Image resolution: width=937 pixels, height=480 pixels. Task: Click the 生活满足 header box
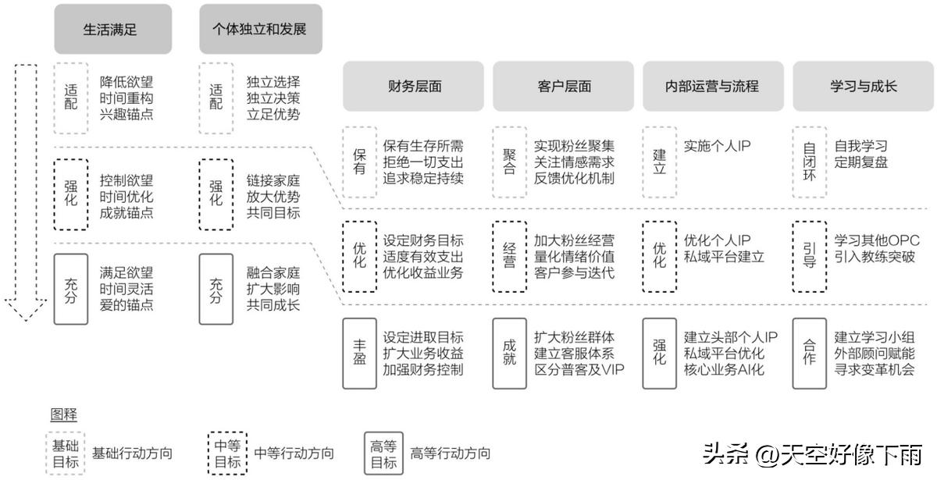tap(112, 30)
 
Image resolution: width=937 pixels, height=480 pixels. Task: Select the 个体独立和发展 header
tap(260, 30)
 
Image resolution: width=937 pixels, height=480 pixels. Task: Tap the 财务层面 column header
tap(415, 87)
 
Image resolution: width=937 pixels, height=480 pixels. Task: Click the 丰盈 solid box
tap(359, 353)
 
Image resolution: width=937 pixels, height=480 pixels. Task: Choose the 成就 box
tap(509, 353)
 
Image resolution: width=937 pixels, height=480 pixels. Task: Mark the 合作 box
tap(810, 353)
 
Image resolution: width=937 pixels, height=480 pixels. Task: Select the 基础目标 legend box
tap(65, 453)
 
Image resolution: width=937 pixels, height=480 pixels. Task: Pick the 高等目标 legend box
tap(383, 453)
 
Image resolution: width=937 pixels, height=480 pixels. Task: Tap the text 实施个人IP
tap(718, 146)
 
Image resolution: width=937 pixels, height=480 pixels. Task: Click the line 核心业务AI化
tap(724, 369)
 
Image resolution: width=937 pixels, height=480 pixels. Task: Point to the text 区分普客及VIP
tap(579, 369)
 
